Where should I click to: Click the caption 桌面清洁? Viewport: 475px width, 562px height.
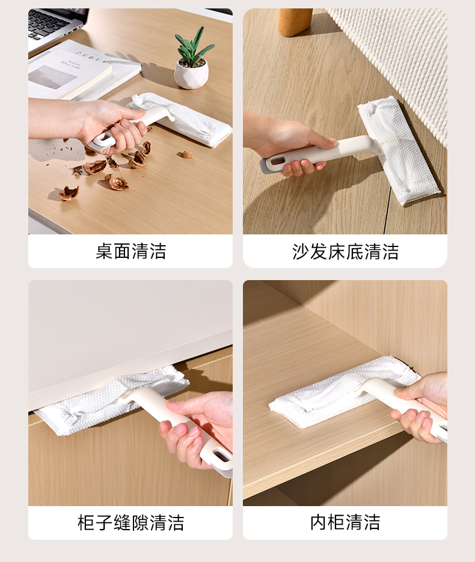131,251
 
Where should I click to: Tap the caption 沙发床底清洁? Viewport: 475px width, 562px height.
345,251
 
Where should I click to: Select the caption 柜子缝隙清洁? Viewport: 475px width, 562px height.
131,522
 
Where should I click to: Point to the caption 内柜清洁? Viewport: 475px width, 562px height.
345,522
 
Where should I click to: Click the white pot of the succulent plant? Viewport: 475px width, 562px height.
191,75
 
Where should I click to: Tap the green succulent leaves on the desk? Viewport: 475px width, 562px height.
193,47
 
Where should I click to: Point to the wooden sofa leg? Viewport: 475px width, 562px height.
295,22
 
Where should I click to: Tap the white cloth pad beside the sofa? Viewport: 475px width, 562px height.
398,150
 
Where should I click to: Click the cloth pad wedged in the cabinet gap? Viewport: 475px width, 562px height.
111,400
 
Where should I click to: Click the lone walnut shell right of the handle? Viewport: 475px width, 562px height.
186,155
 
